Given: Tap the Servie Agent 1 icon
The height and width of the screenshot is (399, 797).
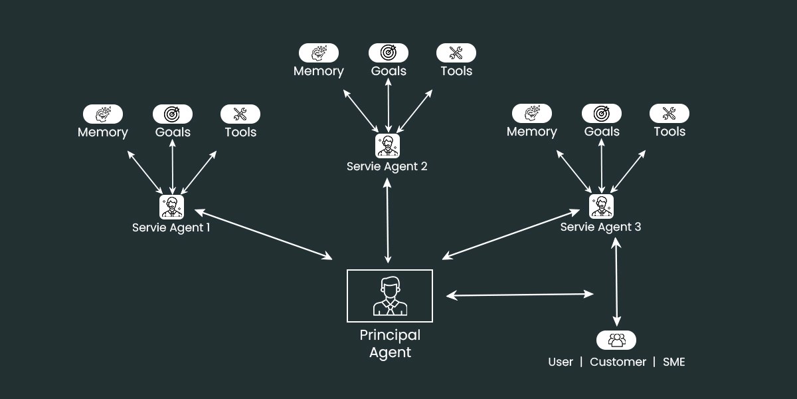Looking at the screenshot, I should pos(172,207).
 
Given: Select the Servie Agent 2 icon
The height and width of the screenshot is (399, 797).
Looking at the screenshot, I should pos(387,146).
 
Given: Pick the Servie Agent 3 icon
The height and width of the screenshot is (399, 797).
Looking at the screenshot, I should pos(601,206).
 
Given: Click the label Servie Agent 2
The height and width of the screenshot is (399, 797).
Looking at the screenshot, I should pos(387,166).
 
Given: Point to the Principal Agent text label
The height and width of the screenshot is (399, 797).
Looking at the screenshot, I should pos(390,344).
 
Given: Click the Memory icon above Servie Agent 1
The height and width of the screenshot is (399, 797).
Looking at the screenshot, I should pos(103,114).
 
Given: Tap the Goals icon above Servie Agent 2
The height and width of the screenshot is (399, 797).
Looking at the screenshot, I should pos(389,53).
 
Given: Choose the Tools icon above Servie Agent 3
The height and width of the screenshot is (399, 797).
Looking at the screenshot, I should pos(669,114).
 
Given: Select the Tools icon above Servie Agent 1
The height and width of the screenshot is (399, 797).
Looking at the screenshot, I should pos(240,114).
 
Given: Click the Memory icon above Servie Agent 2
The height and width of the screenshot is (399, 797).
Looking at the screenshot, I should pos(319,53).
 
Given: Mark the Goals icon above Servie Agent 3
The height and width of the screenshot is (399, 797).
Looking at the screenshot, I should pos(602,114).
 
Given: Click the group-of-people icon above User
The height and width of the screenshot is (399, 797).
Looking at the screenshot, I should pos(616,340).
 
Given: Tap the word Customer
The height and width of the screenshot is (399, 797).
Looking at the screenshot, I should pos(618,362).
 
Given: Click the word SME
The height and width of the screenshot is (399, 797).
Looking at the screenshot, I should pos(673,362).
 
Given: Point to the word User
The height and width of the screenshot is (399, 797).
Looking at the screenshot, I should pos(561,362).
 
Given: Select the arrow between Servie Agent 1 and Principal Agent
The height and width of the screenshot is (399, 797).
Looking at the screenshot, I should pos(263,234).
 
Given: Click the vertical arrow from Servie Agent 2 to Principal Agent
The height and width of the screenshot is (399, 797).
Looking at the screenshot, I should pos(387,220).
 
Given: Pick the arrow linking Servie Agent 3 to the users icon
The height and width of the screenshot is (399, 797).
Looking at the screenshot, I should pos(616,282).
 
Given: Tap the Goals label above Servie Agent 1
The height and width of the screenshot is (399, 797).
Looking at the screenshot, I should pos(173,132).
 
